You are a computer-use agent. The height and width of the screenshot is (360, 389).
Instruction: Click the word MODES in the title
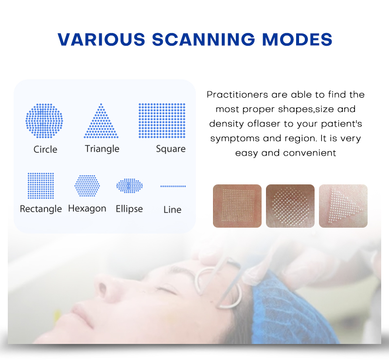point(298,39)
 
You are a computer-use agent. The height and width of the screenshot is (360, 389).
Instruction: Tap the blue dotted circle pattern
point(44,121)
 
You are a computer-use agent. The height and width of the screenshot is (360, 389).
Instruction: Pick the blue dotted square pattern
point(162,121)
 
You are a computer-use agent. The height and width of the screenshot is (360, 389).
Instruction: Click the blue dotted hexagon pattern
point(87,186)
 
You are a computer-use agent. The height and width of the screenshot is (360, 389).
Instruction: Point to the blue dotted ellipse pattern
point(129,186)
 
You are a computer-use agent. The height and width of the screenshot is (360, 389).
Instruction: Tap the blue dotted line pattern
point(173,186)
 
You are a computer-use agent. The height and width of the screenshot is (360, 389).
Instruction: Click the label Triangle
point(102,148)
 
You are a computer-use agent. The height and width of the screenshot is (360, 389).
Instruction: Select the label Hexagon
point(87,209)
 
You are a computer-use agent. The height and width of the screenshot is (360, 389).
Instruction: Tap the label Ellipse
point(129,209)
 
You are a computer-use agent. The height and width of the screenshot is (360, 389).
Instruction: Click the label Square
point(171,149)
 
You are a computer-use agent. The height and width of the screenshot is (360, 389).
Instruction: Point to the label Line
point(172,210)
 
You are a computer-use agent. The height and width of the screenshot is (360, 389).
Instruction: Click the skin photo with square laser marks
point(237,206)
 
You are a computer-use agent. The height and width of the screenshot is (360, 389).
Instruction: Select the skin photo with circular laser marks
point(290,206)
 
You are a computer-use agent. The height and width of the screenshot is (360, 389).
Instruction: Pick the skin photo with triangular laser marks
point(343,206)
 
